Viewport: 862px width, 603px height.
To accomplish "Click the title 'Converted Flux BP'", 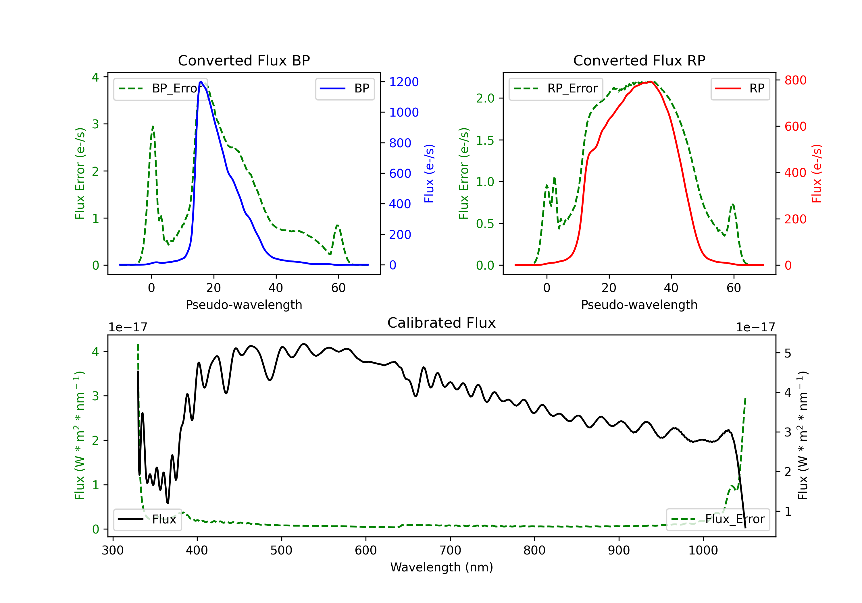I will (x=244, y=60).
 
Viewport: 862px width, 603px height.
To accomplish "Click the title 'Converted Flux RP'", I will (x=639, y=60).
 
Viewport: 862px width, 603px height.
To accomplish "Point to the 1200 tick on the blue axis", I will (x=404, y=82).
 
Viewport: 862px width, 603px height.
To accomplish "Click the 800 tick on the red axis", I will (x=795, y=80).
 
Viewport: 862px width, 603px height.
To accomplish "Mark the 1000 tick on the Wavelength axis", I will (x=703, y=550).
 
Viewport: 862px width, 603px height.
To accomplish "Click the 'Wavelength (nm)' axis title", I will (x=442, y=567).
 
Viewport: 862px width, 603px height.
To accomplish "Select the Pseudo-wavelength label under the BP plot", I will (x=244, y=305).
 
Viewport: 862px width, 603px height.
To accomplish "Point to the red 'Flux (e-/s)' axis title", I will (x=817, y=173).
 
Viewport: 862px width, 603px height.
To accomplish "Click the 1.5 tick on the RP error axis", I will (x=485, y=140).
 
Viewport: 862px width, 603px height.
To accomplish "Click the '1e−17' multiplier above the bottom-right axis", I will (x=755, y=328).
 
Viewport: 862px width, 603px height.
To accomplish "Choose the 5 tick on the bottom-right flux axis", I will (x=788, y=353).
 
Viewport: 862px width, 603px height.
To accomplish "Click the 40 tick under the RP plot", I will (x=671, y=288).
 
